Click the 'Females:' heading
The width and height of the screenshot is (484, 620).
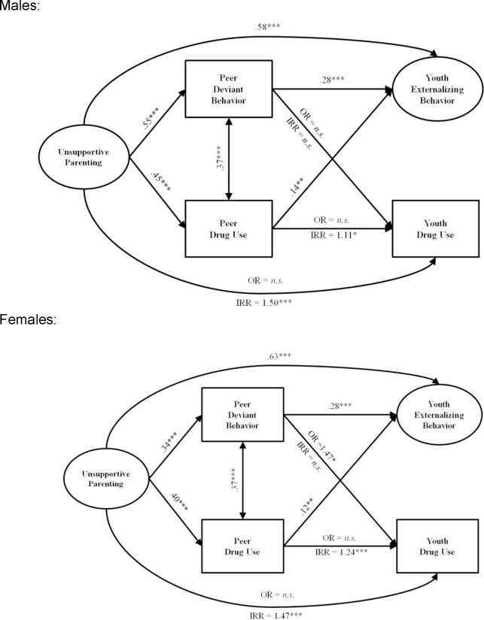[24, 319]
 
